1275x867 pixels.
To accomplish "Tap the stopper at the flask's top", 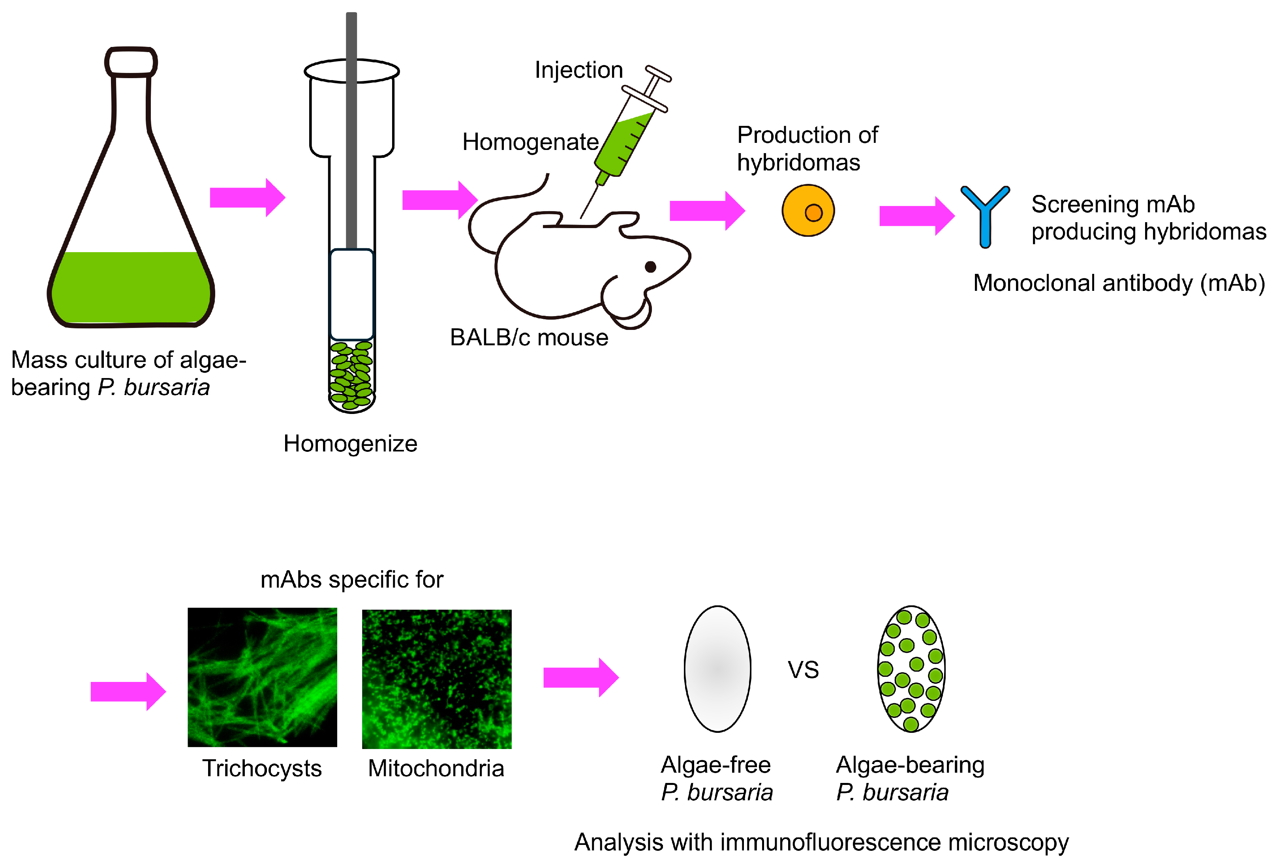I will pos(131,62).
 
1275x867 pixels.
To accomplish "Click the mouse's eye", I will pos(651,267).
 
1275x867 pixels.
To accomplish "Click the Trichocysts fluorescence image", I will pos(262,677).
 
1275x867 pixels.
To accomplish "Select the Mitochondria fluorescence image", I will pos(437,679).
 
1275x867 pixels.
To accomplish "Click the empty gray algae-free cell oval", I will pos(717,669).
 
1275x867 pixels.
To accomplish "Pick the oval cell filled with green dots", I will pos(911,669).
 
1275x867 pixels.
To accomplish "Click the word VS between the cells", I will pos(803,670).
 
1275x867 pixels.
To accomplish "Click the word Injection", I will pos(579,70).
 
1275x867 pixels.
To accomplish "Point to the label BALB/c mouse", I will pos(529,338).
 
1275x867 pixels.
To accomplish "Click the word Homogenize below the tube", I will pos(350,444).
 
